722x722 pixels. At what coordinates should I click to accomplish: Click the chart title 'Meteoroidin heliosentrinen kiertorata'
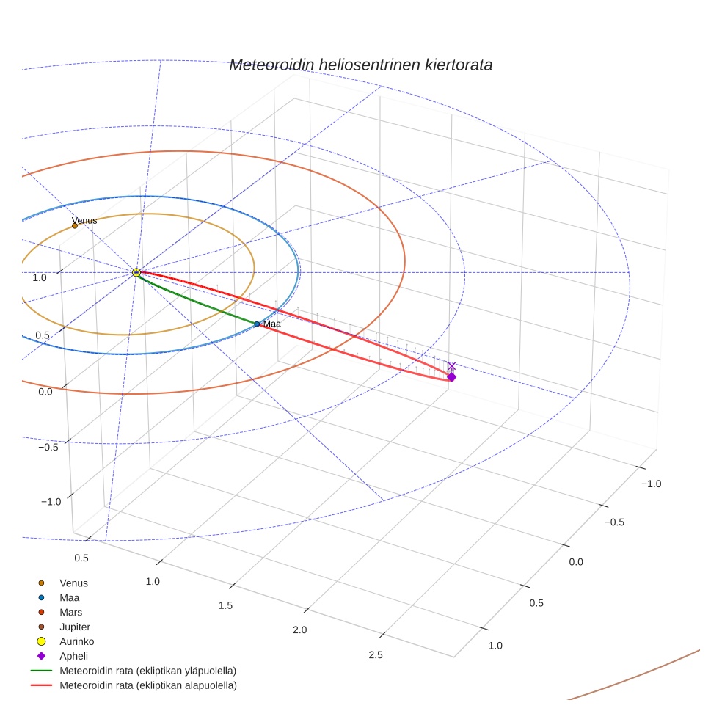coord(360,65)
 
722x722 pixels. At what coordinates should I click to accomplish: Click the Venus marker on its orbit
coord(75,225)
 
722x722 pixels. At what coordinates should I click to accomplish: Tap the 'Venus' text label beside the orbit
coord(84,220)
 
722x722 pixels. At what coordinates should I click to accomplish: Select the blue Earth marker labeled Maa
coord(257,324)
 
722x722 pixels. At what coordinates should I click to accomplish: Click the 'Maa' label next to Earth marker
coord(272,324)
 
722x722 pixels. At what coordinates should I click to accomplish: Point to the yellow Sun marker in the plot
coord(136,272)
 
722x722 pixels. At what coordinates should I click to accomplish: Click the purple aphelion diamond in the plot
coord(451,377)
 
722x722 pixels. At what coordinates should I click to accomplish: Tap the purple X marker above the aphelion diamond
coord(451,365)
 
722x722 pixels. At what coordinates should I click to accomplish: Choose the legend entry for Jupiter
coord(75,627)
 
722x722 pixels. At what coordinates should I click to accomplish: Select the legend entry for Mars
coord(71,612)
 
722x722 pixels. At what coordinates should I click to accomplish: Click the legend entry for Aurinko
coord(76,641)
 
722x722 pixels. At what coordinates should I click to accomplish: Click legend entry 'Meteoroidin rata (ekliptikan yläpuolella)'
coord(147,671)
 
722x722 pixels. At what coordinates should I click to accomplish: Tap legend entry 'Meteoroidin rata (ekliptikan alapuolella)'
coord(147,685)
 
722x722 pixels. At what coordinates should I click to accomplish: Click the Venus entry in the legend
coord(73,583)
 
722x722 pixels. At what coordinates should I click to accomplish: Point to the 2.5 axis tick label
coord(375,655)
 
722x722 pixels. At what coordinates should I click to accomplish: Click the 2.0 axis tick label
coord(299,630)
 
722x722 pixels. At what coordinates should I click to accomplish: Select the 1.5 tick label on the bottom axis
coord(225,605)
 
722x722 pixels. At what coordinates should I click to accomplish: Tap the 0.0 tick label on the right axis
coord(576,562)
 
